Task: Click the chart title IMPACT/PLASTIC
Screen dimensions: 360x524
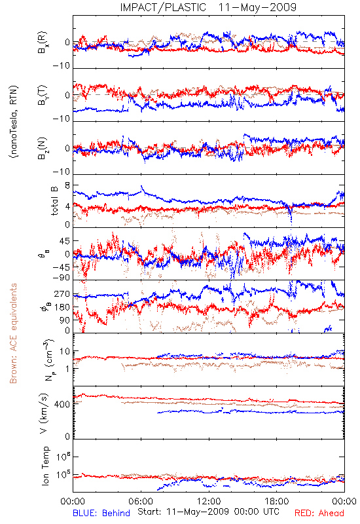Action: (x=163, y=7)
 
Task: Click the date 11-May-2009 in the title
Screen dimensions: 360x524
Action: (x=257, y=7)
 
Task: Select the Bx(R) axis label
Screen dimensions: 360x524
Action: (x=43, y=43)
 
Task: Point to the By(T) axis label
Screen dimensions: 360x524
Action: (x=43, y=95)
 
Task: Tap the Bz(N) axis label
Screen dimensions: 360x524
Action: (x=43, y=148)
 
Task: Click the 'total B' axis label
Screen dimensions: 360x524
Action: (x=54, y=201)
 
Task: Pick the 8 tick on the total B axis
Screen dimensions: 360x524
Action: (x=67, y=185)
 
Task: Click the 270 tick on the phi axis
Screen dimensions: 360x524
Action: (x=62, y=294)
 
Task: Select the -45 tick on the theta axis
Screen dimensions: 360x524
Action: (x=60, y=267)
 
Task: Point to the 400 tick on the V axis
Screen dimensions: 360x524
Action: (x=62, y=404)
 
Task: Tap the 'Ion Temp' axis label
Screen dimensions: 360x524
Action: (x=45, y=466)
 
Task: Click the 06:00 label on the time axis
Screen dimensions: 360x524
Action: (x=141, y=501)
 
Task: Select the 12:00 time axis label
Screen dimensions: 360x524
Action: (x=209, y=501)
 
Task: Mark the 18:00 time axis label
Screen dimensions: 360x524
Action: (x=277, y=501)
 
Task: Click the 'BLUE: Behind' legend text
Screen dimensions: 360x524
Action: (x=101, y=513)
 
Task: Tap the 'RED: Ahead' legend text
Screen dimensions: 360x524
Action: (x=319, y=513)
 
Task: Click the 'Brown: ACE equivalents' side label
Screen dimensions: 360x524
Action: (x=13, y=333)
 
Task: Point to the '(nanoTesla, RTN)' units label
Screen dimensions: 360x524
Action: (x=14, y=122)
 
